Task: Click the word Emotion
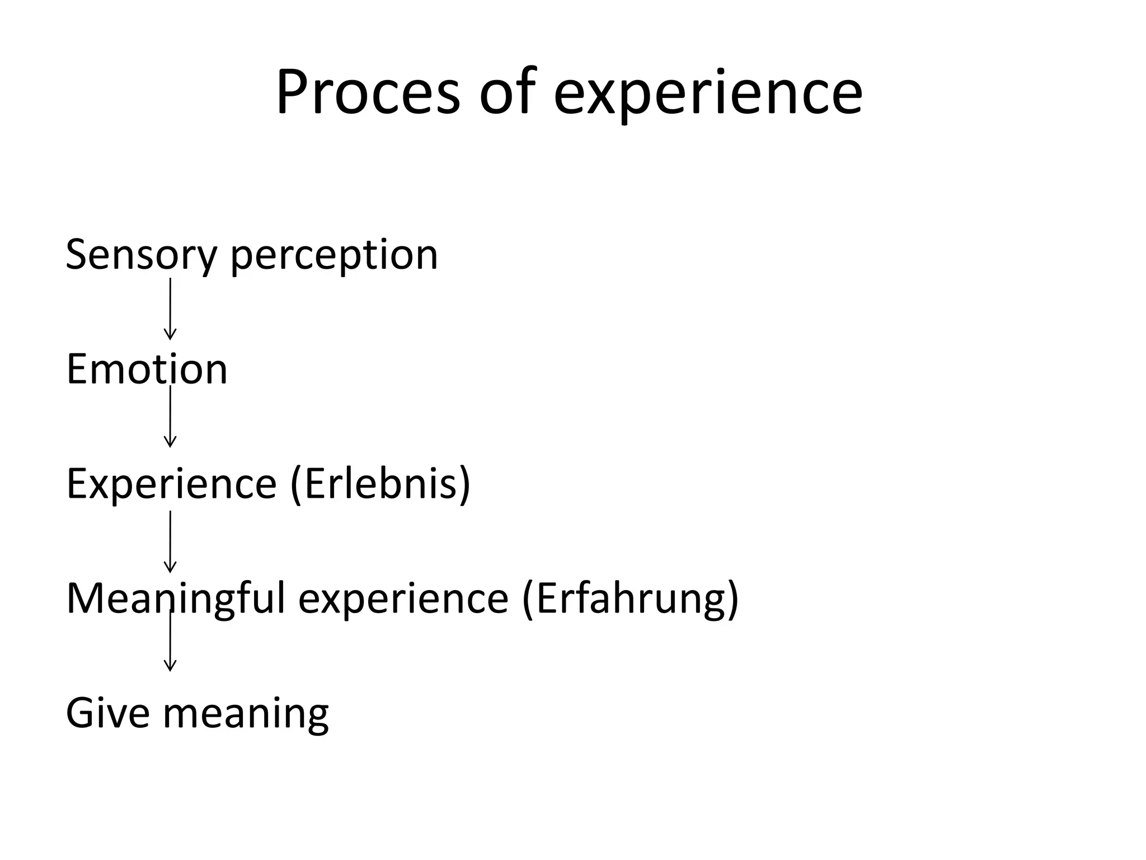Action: [147, 370]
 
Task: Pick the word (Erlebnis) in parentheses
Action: [381, 484]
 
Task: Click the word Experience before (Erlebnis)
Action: [171, 485]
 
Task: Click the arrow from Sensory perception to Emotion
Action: [170, 308]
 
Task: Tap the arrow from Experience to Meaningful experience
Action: [170, 541]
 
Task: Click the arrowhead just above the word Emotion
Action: [170, 335]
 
